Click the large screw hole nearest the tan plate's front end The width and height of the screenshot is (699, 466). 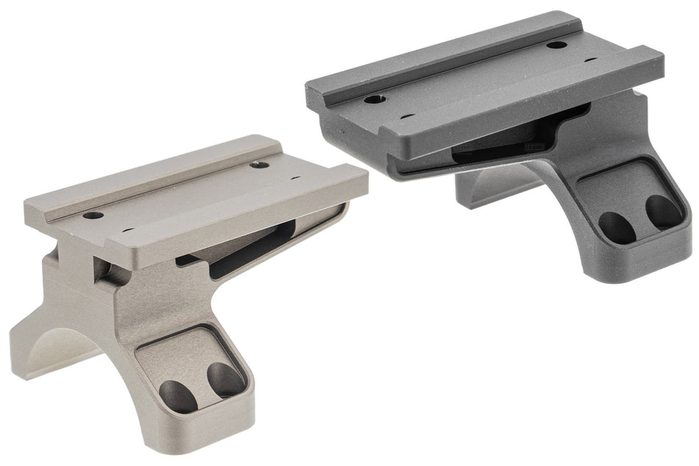click(x=93, y=216)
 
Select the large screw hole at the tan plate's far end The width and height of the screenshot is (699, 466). click(x=258, y=164)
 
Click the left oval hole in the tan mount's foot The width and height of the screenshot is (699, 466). click(x=178, y=396)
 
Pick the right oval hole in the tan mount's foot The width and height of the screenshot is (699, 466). click(x=225, y=380)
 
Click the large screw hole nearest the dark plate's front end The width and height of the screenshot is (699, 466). click(x=376, y=98)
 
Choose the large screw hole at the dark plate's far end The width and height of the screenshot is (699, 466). click(x=557, y=45)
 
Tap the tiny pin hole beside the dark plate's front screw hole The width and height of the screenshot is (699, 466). click(x=405, y=116)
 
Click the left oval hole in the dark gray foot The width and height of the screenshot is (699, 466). click(x=617, y=229)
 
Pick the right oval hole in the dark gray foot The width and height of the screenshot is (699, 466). click(x=664, y=212)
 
